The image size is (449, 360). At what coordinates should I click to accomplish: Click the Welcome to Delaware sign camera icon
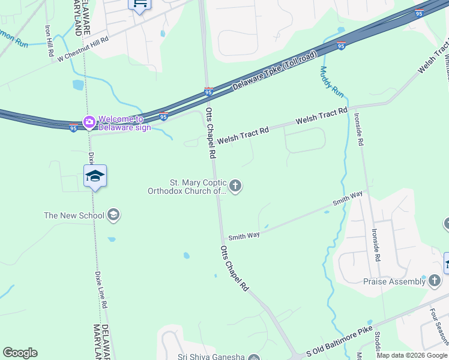click(89, 122)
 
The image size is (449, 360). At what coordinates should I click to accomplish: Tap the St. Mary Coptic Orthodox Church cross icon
click(235, 186)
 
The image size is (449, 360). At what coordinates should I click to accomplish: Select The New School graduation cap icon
click(113, 215)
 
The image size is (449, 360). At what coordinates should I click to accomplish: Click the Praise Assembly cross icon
click(434, 281)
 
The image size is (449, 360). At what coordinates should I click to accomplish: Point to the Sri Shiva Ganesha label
click(212, 356)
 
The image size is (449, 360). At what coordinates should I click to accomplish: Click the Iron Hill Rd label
click(49, 41)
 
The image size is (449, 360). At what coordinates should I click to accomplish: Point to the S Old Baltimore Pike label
click(339, 344)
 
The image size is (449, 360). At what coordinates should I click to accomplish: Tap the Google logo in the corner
click(20, 353)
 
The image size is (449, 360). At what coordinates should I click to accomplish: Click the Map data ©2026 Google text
click(412, 355)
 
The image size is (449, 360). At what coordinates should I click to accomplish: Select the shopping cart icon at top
click(139, 4)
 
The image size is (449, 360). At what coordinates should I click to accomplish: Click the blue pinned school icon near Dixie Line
click(95, 176)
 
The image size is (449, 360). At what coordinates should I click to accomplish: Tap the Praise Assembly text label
click(394, 281)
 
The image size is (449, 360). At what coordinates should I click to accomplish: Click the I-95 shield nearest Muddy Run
click(340, 46)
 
